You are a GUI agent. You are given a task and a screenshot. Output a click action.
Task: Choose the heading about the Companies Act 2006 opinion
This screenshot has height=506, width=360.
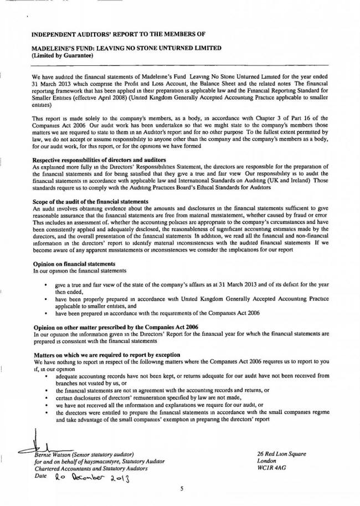pos(104,328)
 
